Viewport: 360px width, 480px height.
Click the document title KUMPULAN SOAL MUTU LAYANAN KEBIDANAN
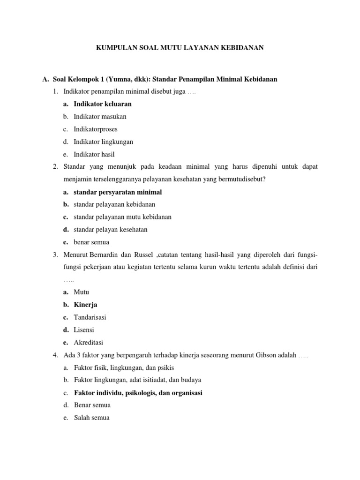(180, 47)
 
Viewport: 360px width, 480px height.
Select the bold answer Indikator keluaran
(103, 104)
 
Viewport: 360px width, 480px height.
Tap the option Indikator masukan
(100, 116)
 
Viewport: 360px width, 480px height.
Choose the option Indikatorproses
(96, 129)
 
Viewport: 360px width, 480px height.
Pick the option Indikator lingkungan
(103, 142)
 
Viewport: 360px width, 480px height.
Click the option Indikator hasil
(94, 154)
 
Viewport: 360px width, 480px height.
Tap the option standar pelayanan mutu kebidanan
(122, 217)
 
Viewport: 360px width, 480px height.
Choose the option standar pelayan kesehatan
(111, 230)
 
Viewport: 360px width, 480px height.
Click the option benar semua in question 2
(91, 242)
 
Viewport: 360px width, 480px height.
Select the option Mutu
(82, 292)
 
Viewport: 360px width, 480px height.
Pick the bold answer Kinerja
(85, 305)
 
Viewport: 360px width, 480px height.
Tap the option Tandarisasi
(90, 317)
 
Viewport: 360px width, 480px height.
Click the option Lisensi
(84, 330)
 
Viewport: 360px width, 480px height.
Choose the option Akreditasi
(88, 343)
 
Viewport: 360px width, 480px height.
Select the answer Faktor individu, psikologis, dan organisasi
(138, 393)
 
